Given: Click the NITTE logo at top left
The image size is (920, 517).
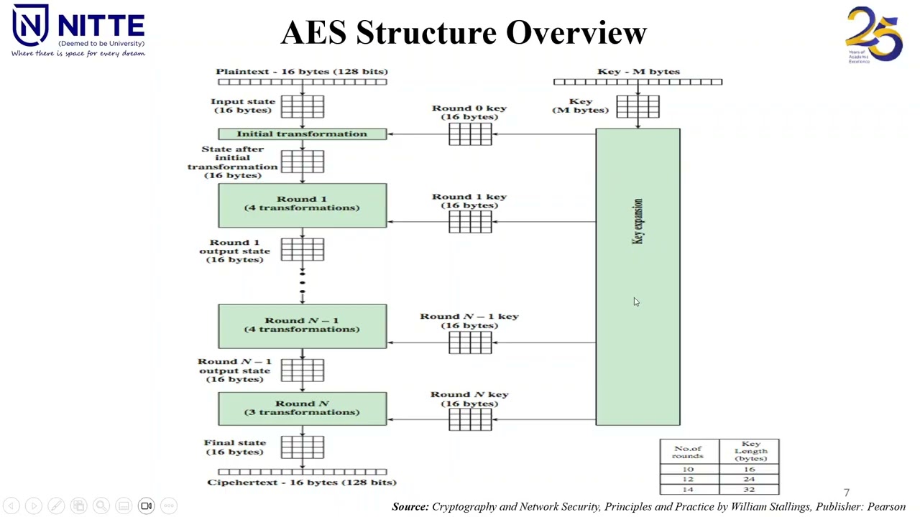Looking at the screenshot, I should tap(78, 31).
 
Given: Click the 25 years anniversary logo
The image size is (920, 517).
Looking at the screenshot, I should tap(873, 34).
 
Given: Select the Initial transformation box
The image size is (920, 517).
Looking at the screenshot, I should tap(302, 134).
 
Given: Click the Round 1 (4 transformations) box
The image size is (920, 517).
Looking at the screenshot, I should tap(302, 205).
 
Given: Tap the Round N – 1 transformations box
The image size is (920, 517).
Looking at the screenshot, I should tap(302, 326).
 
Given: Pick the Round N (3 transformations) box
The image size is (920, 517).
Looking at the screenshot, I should tap(302, 408).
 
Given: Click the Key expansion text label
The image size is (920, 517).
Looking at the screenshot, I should tap(638, 221).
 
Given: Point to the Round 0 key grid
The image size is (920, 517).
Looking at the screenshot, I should tap(470, 134).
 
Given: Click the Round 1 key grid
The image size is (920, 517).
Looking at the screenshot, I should tap(470, 222).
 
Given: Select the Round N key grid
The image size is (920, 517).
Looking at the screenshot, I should tap(470, 419).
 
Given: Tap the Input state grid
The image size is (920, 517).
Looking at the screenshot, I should tap(303, 107).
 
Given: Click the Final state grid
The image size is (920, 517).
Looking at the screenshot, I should tap(303, 447).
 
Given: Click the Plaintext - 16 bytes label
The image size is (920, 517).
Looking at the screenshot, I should tap(302, 71).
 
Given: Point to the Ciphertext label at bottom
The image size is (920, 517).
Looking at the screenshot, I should tap(302, 483).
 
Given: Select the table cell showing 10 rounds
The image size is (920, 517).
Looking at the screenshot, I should tap(688, 469).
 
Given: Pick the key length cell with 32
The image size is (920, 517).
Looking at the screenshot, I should tap(749, 489).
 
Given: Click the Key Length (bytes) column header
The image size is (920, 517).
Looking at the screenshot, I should tap(750, 451).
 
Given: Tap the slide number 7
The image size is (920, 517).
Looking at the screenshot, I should tap(847, 493).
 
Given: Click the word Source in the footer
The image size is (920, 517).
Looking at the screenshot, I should tap(410, 507).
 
